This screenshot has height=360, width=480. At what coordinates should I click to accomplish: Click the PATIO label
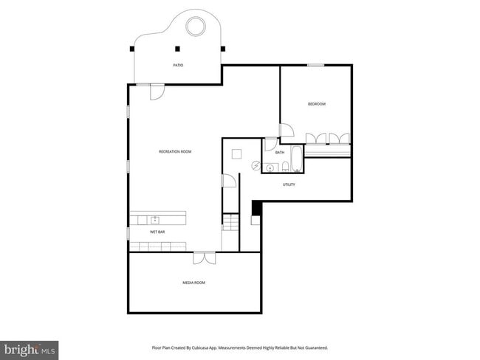[178, 66]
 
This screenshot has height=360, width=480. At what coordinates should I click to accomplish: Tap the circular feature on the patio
[196, 26]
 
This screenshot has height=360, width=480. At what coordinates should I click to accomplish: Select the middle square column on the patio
[177, 49]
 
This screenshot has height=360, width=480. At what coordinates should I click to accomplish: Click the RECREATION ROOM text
[175, 152]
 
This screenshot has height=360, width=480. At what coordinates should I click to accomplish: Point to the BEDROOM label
[316, 104]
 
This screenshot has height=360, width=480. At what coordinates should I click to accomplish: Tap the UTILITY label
[289, 184]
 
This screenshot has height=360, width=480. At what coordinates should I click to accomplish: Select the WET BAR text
[157, 232]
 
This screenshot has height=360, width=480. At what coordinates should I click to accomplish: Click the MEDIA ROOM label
[193, 283]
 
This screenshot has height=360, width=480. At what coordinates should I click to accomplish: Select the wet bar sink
[156, 219]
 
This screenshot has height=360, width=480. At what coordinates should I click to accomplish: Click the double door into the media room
[204, 257]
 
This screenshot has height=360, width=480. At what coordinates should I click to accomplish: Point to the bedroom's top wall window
[316, 66]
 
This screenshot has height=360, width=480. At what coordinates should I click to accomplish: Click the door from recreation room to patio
[157, 91]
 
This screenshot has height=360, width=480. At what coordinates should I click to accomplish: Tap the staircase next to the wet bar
[231, 223]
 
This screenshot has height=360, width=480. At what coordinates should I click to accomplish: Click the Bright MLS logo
[30, 348]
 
